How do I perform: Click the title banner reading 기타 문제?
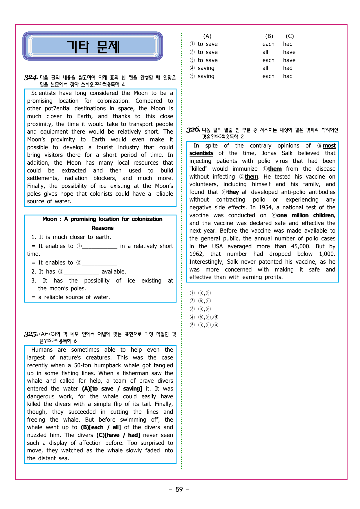93,46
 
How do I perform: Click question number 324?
31,78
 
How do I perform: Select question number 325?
31,334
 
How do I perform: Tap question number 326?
193,130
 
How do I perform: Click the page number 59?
179,489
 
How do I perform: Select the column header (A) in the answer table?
207,36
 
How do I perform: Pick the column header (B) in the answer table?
269,36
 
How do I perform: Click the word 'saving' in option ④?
206,68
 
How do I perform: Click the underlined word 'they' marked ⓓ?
233,192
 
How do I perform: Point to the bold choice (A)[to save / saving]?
112,389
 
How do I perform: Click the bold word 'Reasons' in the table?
102,228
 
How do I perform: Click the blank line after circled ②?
99,263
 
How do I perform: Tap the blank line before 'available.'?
81,272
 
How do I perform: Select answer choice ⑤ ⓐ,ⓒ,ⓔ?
205,325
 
